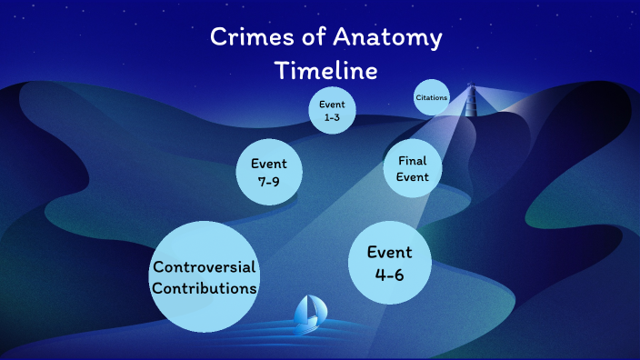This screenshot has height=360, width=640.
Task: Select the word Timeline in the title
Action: (325, 70)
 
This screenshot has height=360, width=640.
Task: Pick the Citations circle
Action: (432, 97)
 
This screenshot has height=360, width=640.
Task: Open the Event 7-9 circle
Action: (270, 172)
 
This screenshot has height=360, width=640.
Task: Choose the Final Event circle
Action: (412, 169)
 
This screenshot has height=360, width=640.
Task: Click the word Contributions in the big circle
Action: (205, 288)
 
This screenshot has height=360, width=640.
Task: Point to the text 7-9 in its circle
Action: (270, 181)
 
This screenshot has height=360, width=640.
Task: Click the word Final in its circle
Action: (412, 162)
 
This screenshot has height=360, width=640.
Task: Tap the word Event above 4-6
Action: (389, 252)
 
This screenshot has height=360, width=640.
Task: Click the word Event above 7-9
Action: (270, 164)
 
